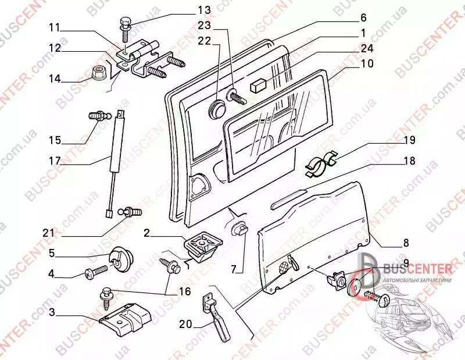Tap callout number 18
[x=409, y=160]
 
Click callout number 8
[x=405, y=243]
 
